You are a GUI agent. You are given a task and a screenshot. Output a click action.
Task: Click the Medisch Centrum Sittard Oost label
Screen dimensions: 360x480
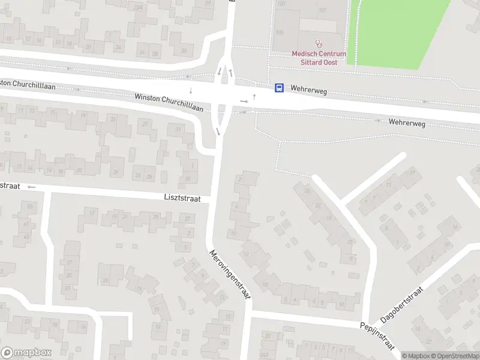[319, 58]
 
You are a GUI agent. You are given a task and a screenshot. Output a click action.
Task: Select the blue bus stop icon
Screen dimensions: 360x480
[279, 88]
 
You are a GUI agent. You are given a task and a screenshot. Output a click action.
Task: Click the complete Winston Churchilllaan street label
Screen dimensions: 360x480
[169, 103]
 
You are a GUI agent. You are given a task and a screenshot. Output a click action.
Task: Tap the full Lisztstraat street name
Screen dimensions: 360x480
[182, 197]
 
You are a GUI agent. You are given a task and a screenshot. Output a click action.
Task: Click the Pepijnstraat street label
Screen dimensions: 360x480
[376, 335]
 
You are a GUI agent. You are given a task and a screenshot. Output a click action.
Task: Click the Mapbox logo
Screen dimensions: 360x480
[26, 353]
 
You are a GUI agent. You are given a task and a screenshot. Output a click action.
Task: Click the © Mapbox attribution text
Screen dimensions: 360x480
[415, 356]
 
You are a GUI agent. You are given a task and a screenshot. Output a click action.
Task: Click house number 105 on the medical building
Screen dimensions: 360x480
[279, 31]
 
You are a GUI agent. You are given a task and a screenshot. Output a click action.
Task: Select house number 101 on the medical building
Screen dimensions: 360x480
[323, 10]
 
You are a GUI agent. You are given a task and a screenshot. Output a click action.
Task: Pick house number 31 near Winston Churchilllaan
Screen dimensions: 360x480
[178, 129]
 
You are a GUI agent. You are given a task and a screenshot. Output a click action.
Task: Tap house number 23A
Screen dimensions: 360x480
[138, 7]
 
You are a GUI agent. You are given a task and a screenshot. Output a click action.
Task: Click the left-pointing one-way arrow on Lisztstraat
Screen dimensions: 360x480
[32, 187]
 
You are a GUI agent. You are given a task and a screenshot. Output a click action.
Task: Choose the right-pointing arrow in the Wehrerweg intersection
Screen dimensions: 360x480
[244, 101]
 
